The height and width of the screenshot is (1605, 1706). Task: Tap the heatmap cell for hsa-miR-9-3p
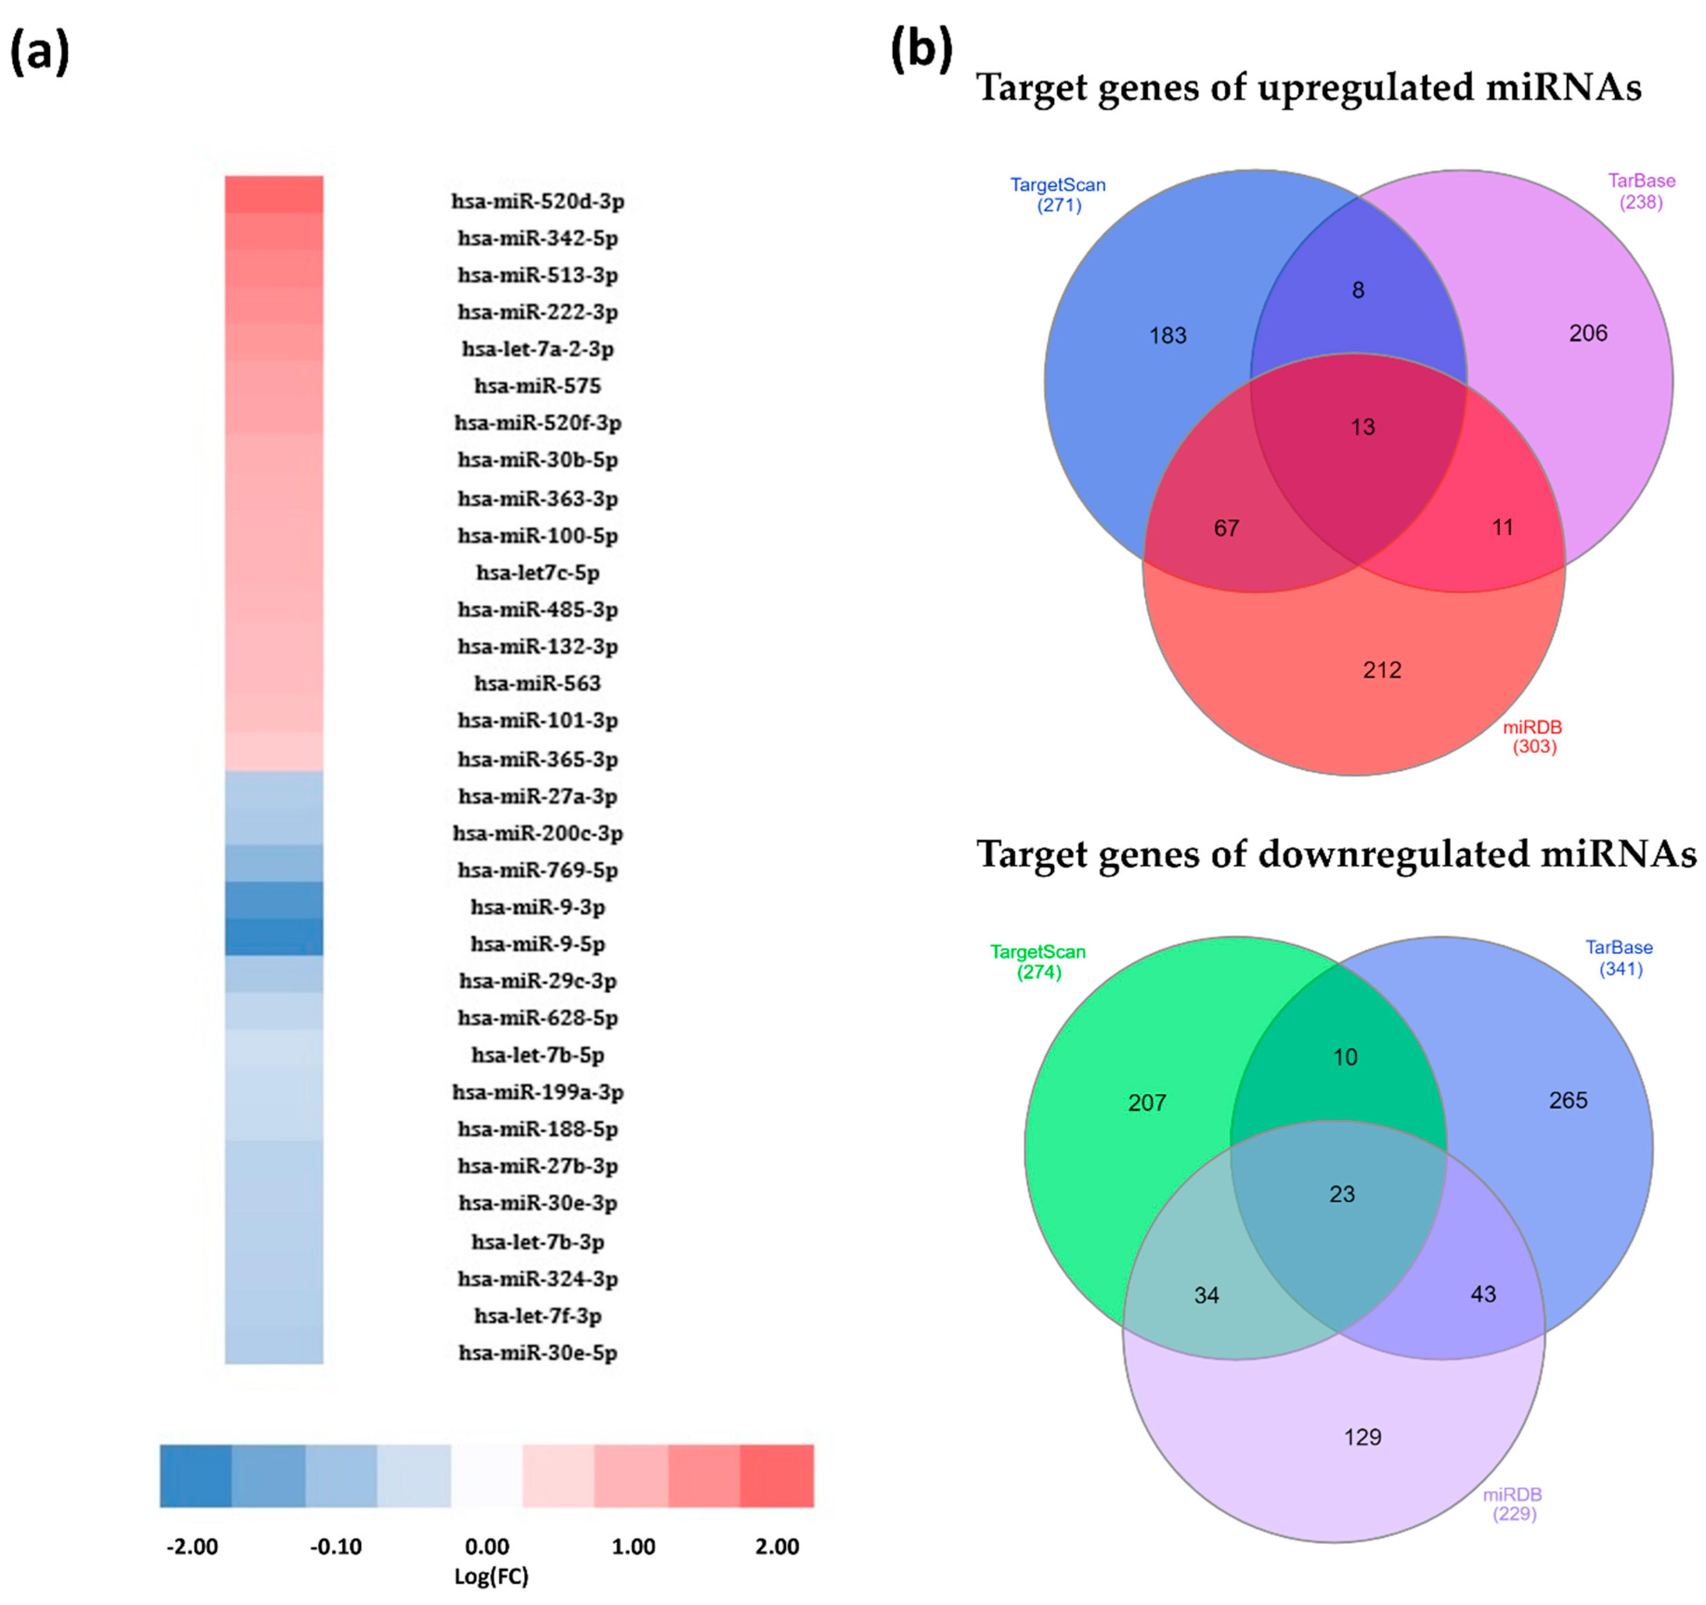274,900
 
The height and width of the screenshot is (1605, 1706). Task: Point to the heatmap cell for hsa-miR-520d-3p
274,194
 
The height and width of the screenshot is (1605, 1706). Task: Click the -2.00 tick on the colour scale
192,1547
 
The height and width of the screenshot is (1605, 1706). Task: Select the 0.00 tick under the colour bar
487,1547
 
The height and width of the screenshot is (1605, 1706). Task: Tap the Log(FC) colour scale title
491,1576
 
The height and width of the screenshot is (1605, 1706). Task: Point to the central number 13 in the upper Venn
1363,426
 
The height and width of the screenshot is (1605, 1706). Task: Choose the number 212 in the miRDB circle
1382,670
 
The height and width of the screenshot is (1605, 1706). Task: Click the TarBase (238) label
1641,191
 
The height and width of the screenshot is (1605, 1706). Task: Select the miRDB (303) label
1533,736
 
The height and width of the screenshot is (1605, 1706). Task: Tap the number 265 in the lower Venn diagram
1568,1100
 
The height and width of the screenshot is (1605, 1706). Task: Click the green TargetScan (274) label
1037,961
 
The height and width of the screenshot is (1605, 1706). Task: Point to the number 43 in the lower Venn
1483,1294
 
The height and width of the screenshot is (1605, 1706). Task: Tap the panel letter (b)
921,50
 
